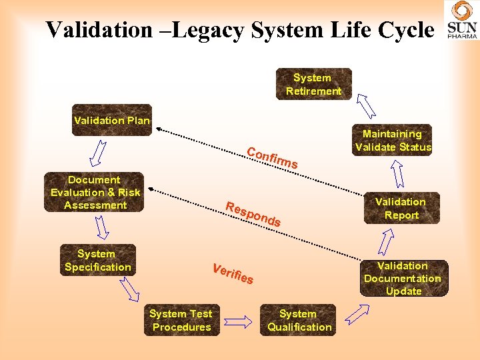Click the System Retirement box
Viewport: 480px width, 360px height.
coord(313,84)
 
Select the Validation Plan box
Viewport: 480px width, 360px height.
coord(112,121)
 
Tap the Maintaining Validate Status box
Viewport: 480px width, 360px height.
coord(393,141)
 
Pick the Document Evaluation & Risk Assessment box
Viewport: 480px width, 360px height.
coord(94,193)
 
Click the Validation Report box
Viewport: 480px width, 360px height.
coord(401,208)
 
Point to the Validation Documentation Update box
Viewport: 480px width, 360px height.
coord(403,279)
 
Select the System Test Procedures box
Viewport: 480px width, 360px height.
coord(181,320)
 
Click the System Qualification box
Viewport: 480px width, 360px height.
coord(297,320)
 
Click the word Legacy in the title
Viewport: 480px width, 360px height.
coord(203,29)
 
